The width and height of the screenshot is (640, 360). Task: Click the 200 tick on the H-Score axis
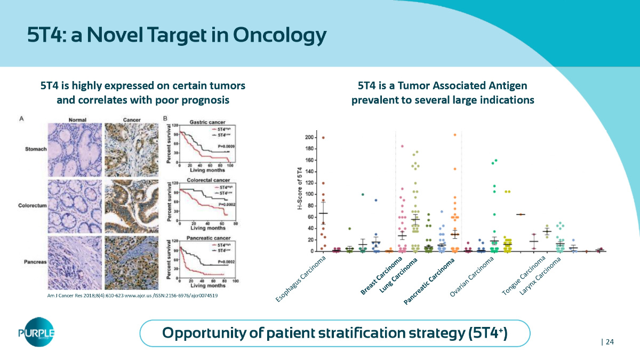[308, 138]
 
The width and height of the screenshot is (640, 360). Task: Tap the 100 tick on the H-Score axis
[308, 195]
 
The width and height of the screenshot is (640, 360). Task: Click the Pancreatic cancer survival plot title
[206, 237]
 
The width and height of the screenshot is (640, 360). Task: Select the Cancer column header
[131, 119]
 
